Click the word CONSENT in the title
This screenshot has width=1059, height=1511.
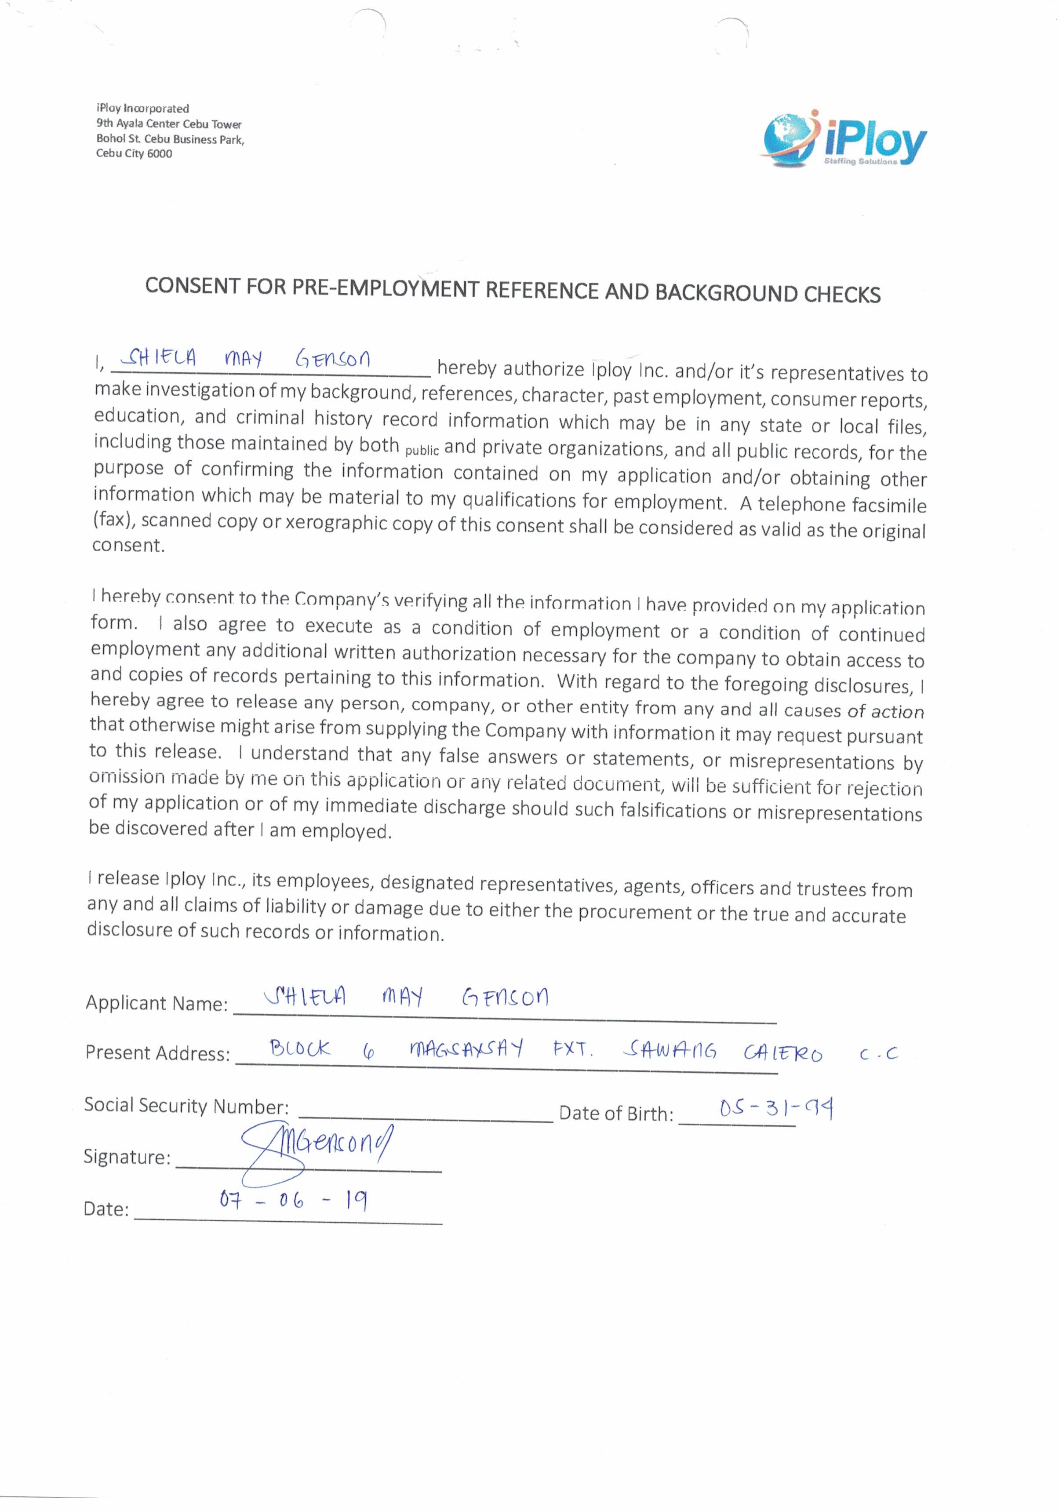[192, 286]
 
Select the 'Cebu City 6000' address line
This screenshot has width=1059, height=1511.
[134, 153]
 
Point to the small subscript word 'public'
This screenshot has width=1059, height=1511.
[421, 451]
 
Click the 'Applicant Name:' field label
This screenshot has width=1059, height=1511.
[156, 1003]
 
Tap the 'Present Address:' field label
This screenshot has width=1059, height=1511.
[158, 1053]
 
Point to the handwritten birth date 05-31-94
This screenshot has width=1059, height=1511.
[776, 1108]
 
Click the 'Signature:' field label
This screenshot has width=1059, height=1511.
[127, 1156]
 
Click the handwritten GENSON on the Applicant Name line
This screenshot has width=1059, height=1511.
[505, 998]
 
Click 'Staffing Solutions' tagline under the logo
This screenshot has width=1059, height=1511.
[860, 161]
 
